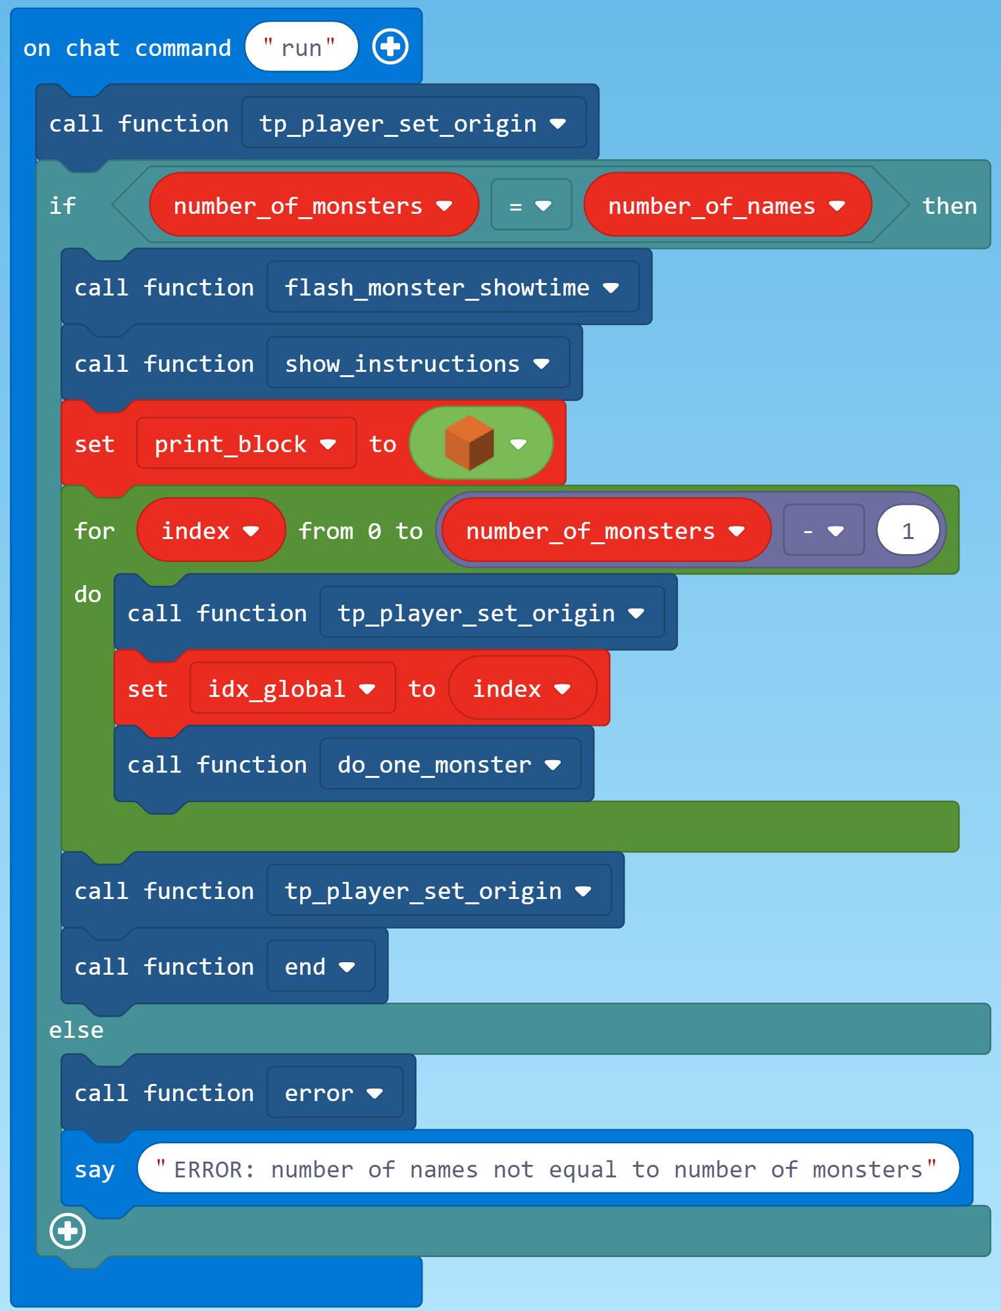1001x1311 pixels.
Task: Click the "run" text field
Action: (x=301, y=48)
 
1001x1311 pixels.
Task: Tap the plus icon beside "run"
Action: (x=390, y=47)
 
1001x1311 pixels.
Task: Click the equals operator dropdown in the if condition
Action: (x=530, y=206)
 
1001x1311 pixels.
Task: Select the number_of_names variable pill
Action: (x=727, y=206)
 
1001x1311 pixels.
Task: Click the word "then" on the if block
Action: (x=949, y=206)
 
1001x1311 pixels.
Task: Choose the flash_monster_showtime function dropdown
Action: (x=452, y=288)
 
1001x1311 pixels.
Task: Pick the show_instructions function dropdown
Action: (x=417, y=364)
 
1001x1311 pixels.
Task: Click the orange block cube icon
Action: (x=469, y=443)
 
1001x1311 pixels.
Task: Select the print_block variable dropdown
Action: (x=245, y=444)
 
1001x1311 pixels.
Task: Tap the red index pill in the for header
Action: (x=210, y=530)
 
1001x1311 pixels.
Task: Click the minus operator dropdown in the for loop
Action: (x=823, y=530)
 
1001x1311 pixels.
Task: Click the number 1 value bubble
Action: (x=908, y=530)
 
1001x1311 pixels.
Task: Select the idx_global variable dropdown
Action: (x=292, y=689)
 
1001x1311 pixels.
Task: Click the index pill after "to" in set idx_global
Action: (x=521, y=689)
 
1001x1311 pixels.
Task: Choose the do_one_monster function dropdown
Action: (x=449, y=765)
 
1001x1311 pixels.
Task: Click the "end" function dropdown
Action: (x=320, y=967)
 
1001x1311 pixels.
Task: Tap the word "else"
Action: (x=76, y=1030)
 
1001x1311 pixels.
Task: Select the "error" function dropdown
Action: (x=334, y=1093)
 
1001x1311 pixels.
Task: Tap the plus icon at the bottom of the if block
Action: (x=68, y=1231)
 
